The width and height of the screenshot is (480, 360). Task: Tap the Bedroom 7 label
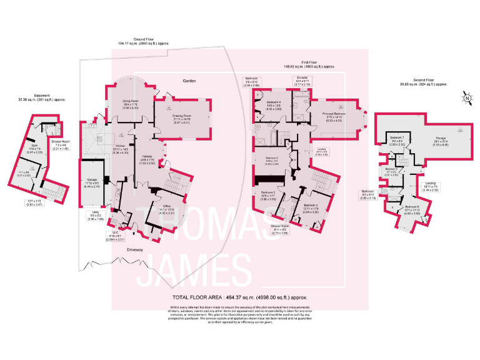[x=397, y=137]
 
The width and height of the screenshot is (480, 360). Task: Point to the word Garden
[x=190, y=81]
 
